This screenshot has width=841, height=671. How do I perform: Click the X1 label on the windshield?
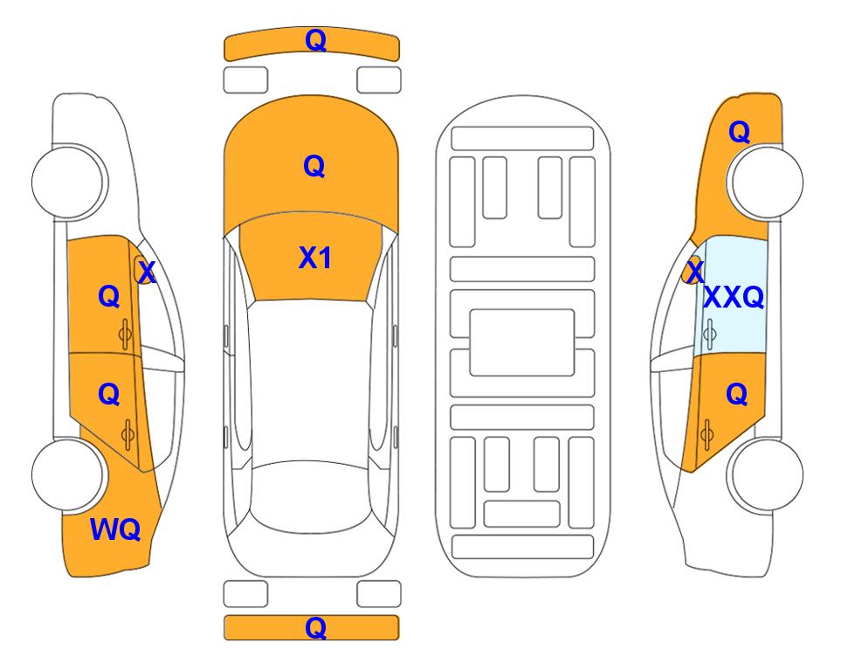[x=315, y=258]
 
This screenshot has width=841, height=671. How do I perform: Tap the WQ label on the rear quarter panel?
[x=115, y=529]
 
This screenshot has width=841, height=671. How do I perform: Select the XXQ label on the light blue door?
[x=734, y=297]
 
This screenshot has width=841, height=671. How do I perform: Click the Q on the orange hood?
[x=314, y=166]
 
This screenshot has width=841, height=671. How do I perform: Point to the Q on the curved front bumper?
[x=315, y=40]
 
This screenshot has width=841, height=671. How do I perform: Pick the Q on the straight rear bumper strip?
[x=315, y=627]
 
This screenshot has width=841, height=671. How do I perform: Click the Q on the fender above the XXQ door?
[x=739, y=132]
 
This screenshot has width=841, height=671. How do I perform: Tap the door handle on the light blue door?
[x=710, y=334]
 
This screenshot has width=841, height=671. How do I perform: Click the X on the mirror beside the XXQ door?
[x=696, y=272]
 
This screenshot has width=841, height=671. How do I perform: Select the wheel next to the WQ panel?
[x=68, y=475]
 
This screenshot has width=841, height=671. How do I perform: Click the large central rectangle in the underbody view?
[x=522, y=342]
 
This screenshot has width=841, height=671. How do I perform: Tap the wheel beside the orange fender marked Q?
[x=765, y=183]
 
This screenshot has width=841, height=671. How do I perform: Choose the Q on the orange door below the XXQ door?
[x=736, y=395]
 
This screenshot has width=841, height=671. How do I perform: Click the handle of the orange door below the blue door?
[x=707, y=434]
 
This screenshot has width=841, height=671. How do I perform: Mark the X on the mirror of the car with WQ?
[x=147, y=273]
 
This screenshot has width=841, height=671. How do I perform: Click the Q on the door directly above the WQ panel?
[x=109, y=395]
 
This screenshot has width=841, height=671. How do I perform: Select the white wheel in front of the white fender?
[x=68, y=183]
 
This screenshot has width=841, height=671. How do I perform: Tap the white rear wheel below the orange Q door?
[x=765, y=475]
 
